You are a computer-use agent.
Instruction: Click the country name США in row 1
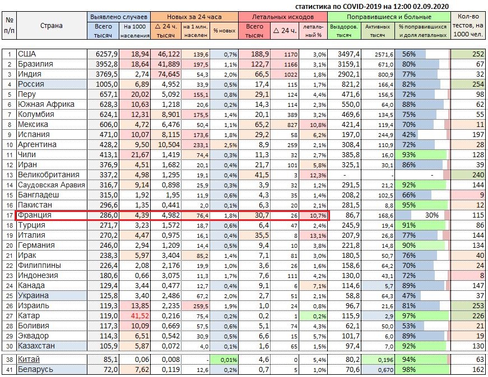(x=27, y=54)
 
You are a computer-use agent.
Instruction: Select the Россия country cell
(x=52, y=84)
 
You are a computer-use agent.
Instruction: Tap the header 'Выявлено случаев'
(x=119, y=17)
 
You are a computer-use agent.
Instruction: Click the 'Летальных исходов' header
(x=282, y=17)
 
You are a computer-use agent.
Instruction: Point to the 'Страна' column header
(x=52, y=26)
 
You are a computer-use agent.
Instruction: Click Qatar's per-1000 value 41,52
(x=140, y=316)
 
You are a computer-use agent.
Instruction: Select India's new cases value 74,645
(x=169, y=74)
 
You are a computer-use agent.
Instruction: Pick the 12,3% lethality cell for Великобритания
(x=318, y=175)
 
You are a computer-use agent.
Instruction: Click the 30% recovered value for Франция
(x=431, y=215)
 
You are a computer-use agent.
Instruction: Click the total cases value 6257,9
(x=107, y=54)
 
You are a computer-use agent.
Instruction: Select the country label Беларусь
(x=35, y=370)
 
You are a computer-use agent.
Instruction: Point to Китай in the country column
(x=29, y=359)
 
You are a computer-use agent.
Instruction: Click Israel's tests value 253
(x=478, y=306)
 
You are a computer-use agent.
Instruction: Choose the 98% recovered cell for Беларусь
(x=408, y=370)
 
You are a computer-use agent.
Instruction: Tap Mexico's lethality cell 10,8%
(x=318, y=125)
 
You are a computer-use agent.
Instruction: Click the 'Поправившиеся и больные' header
(x=389, y=17)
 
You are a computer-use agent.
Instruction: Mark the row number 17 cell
(x=10, y=215)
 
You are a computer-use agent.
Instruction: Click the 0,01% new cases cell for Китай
(x=229, y=360)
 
